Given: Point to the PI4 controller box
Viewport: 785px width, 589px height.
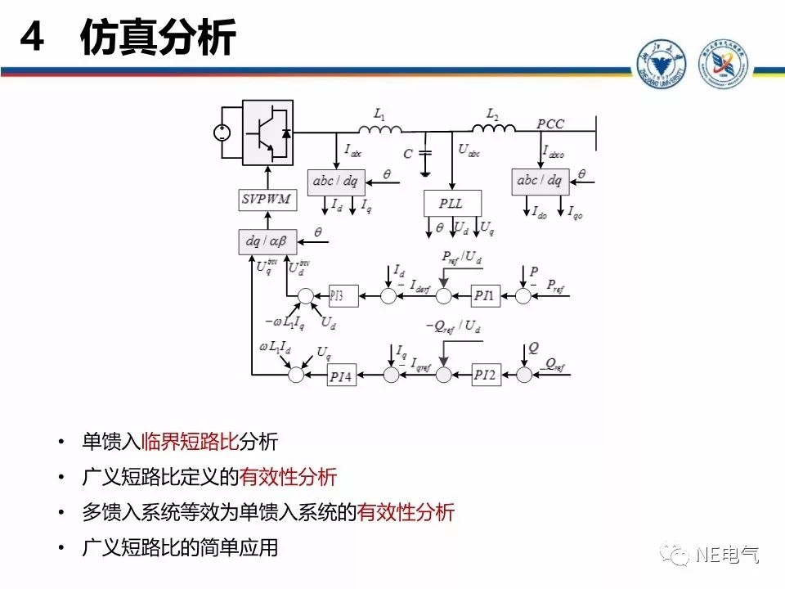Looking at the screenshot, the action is pyautogui.click(x=339, y=375).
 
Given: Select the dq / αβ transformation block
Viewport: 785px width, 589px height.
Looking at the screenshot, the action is pyautogui.click(x=263, y=241).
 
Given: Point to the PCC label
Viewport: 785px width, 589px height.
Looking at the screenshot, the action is pyautogui.click(x=550, y=124).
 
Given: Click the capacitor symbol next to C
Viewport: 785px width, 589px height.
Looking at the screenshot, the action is pyautogui.click(x=424, y=155).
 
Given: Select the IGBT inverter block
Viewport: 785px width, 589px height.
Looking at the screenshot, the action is pyautogui.click(x=267, y=133).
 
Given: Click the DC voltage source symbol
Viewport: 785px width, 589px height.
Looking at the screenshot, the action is pyautogui.click(x=222, y=133).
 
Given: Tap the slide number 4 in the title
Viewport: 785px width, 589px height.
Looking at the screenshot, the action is pyautogui.click(x=31, y=38).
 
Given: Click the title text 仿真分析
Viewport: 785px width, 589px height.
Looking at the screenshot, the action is pyautogui.click(x=157, y=38).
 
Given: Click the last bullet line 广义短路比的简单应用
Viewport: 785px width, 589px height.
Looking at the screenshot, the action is pyautogui.click(x=180, y=548).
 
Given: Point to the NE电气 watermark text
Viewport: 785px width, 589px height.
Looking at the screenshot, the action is pyautogui.click(x=727, y=555).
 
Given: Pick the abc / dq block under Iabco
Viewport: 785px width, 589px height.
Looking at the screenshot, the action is pyautogui.click(x=540, y=182).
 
